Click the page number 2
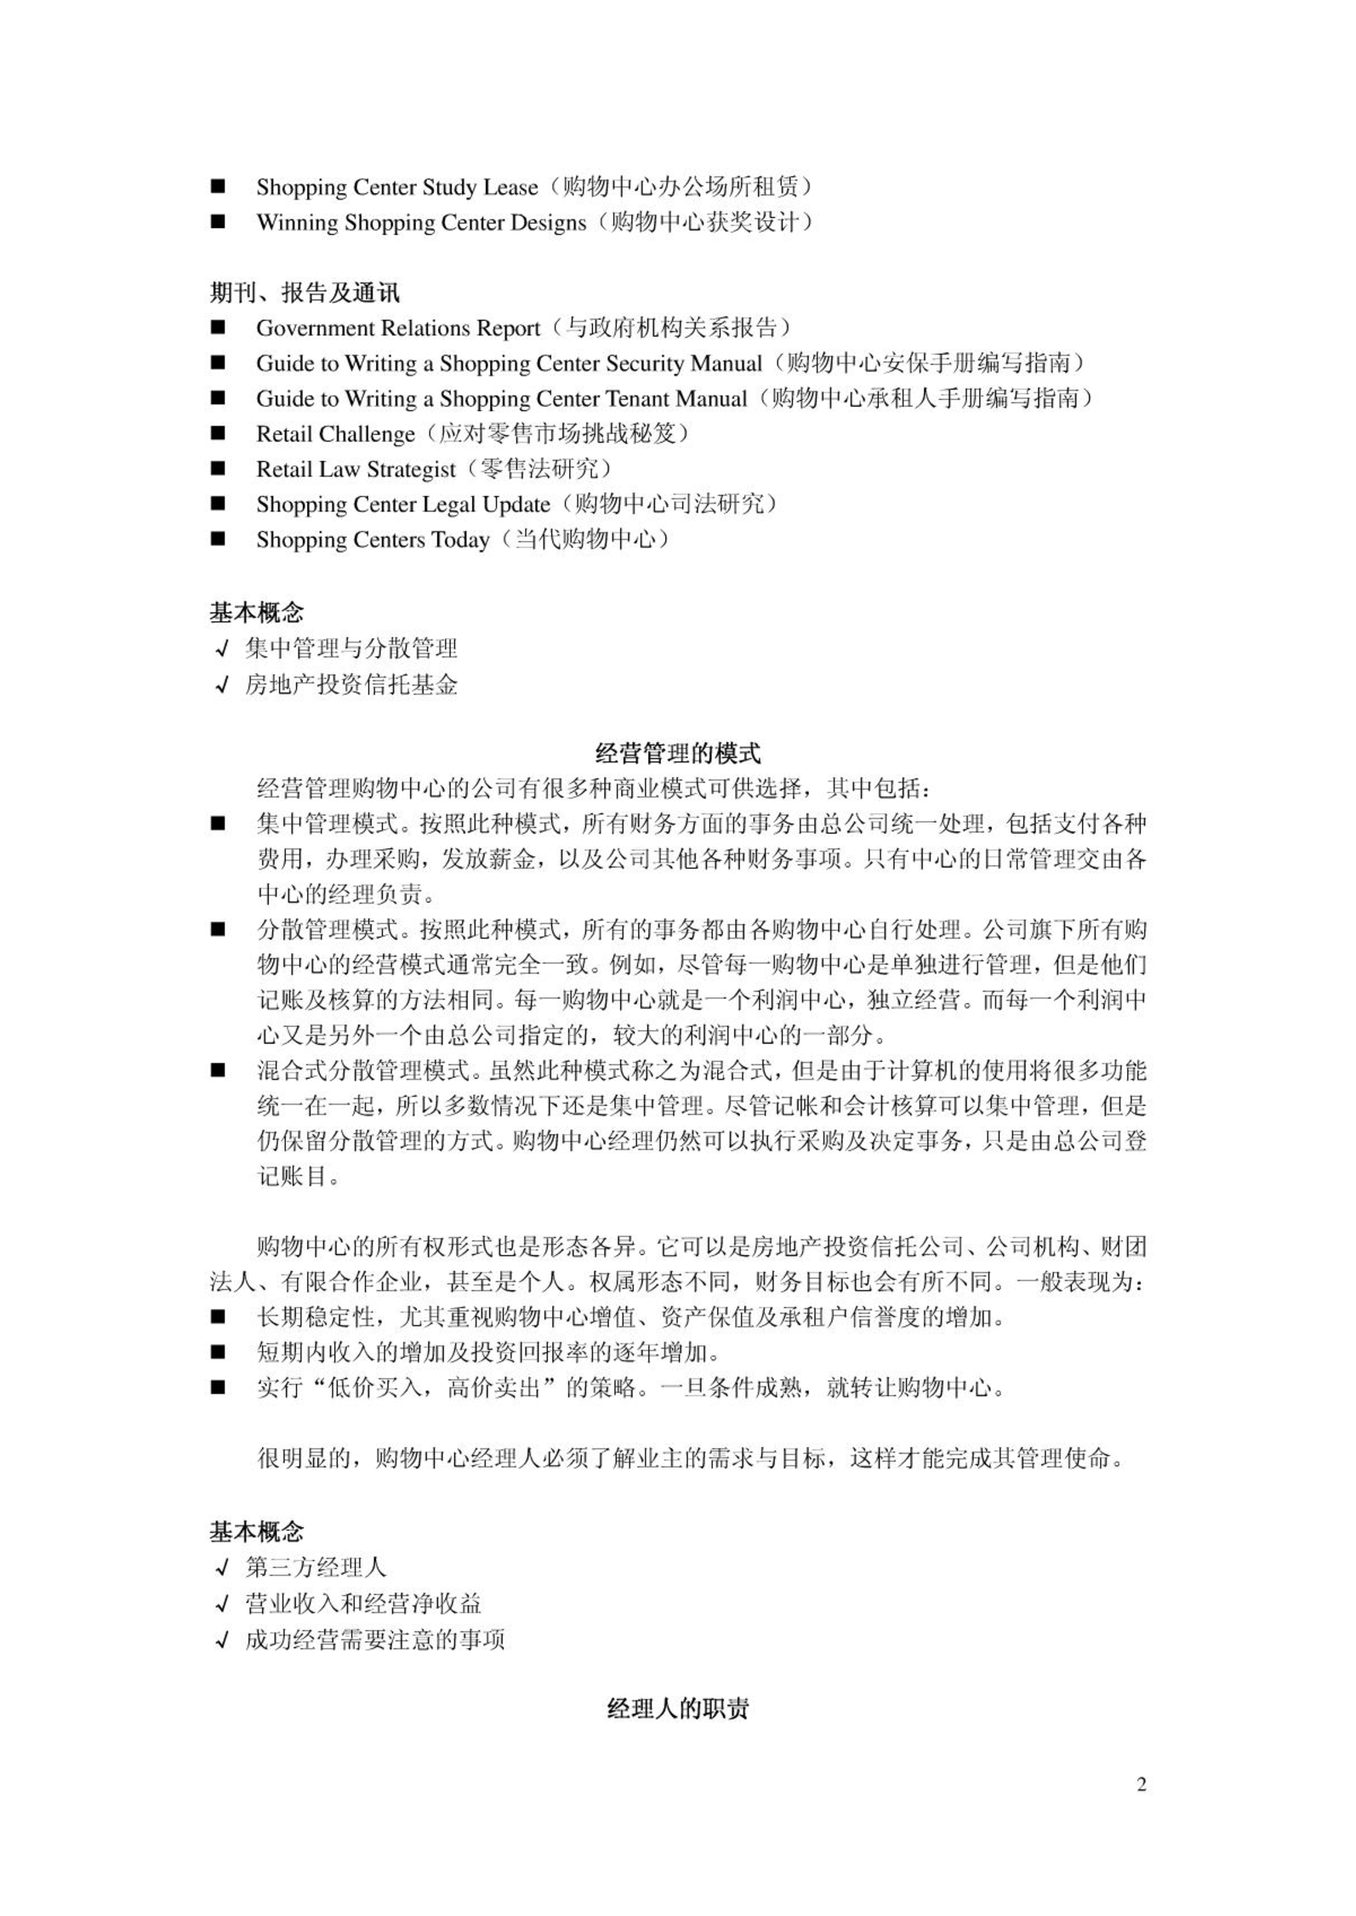pos(1141,1784)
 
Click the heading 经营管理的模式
pos(677,753)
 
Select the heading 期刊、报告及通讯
pos(305,293)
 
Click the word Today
pos(460,540)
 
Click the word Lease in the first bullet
pos(510,187)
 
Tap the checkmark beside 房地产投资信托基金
pos(223,685)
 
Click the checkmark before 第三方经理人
pos(223,1567)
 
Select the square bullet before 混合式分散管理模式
pos(219,1070)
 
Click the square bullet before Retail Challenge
pos(219,433)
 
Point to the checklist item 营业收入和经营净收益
pos(363,1603)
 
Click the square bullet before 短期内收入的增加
pos(219,1351)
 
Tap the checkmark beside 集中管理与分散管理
pos(223,649)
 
